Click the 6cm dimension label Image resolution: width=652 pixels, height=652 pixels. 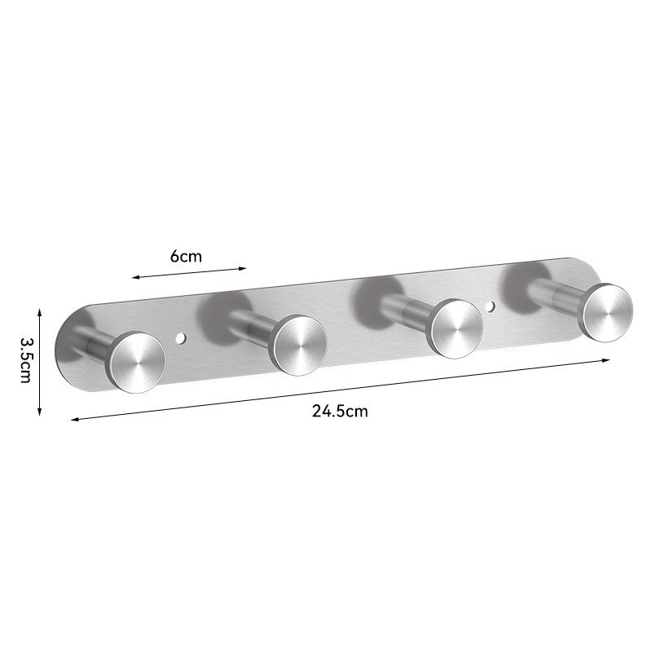click(x=186, y=257)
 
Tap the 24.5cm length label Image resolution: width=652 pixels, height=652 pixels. click(x=340, y=412)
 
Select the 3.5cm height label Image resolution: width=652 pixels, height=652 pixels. click(x=26, y=360)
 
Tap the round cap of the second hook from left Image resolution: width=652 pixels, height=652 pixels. click(x=298, y=346)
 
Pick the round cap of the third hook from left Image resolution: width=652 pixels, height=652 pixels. click(x=456, y=328)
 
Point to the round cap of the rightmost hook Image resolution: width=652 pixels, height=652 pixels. click(x=606, y=313)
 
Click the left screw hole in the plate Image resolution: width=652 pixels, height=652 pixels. click(x=180, y=338)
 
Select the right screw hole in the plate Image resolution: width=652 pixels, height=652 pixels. click(x=491, y=306)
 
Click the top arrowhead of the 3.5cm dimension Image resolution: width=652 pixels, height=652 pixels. click(x=39, y=311)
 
